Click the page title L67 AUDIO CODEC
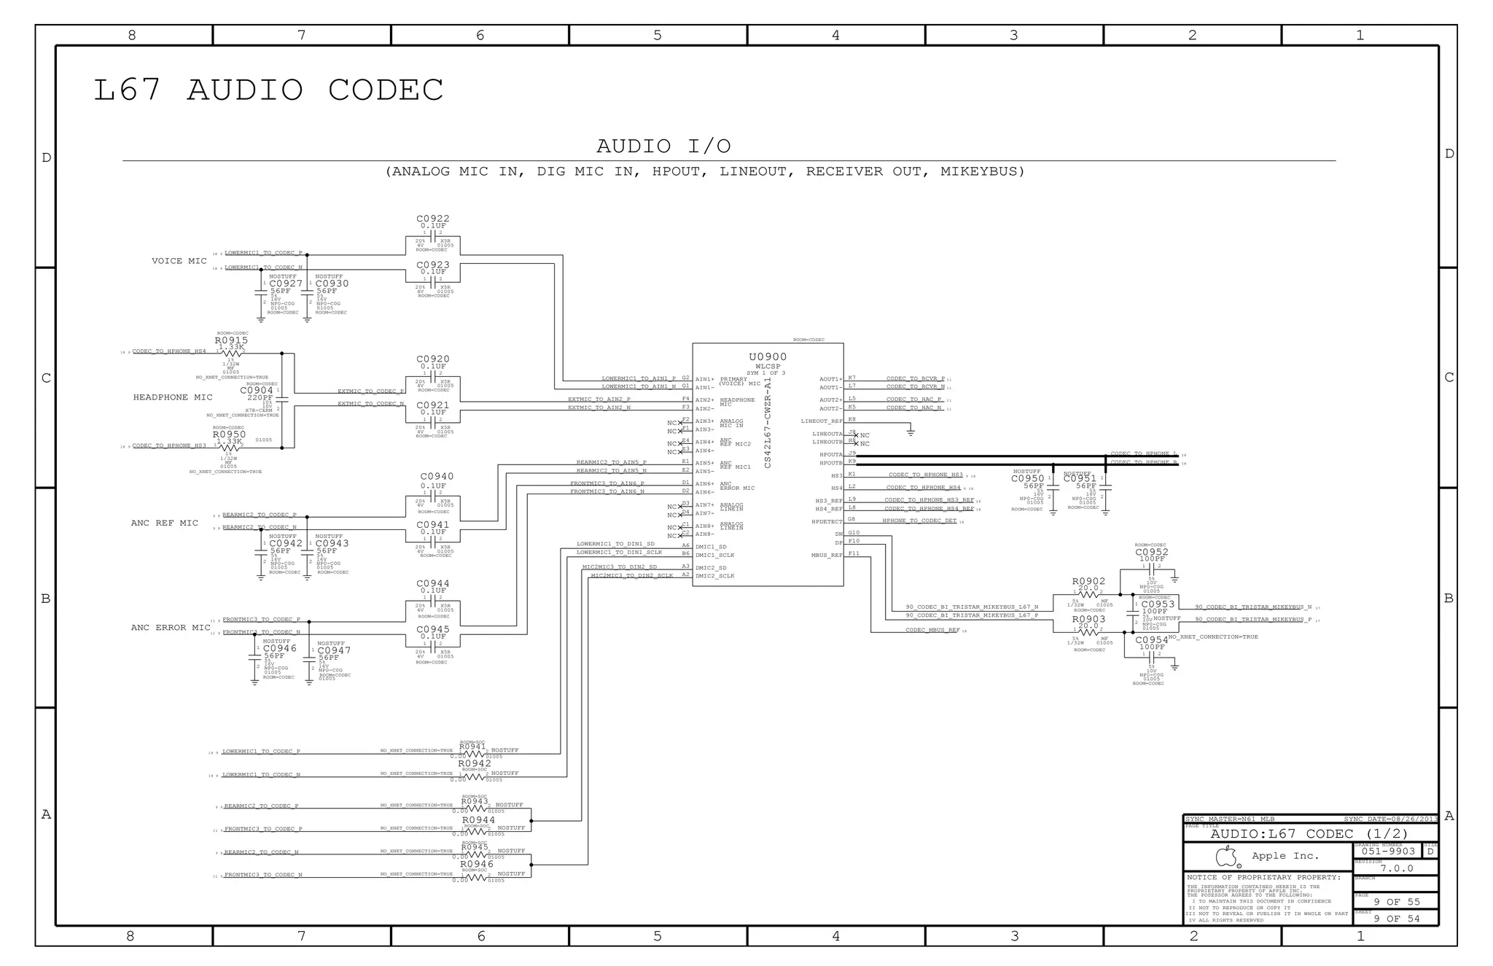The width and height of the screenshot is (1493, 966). click(x=268, y=90)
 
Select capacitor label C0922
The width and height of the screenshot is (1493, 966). click(x=432, y=219)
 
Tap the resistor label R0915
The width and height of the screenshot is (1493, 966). click(x=231, y=340)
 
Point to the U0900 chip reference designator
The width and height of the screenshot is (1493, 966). click(x=768, y=357)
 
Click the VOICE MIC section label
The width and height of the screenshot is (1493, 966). click(x=179, y=261)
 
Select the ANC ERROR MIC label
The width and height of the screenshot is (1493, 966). click(x=171, y=628)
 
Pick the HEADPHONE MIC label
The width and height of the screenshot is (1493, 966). click(x=173, y=398)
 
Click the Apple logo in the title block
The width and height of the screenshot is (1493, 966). click(x=1226, y=856)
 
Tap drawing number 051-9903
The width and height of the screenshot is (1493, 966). click(x=1388, y=852)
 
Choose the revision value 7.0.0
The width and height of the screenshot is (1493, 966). click(x=1397, y=868)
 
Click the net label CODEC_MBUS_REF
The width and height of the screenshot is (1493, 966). click(x=932, y=631)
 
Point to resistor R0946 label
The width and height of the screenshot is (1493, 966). click(x=477, y=865)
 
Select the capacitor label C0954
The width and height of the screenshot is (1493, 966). click(x=1152, y=640)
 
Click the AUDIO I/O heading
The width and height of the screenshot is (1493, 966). click(x=663, y=147)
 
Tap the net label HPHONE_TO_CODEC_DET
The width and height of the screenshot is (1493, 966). click(x=919, y=521)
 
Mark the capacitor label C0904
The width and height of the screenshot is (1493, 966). click(x=257, y=391)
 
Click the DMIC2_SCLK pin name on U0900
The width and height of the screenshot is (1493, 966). click(x=715, y=577)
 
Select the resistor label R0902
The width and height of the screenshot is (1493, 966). click(x=1088, y=582)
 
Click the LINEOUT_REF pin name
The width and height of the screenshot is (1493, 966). click(x=822, y=421)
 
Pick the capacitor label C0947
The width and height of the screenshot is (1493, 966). click(x=334, y=650)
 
